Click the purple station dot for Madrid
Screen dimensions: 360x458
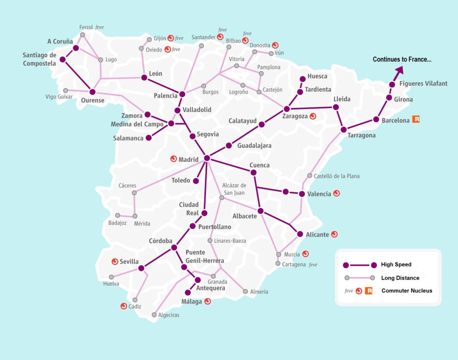tap(207, 158)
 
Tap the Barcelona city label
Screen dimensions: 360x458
tap(395, 120)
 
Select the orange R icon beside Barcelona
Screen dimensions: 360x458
tap(416, 119)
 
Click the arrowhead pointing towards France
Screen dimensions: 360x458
tap(399, 69)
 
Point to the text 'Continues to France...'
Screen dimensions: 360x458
tap(402, 59)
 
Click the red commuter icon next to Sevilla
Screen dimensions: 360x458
tap(114, 262)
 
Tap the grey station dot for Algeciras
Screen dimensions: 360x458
tap(154, 315)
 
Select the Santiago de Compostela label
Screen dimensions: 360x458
tap(39, 59)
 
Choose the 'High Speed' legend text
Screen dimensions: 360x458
tap(396, 265)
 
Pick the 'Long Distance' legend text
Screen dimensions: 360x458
tap(400, 278)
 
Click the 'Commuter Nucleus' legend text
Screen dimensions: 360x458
tap(407, 291)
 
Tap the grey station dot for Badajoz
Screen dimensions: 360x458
tap(118, 215)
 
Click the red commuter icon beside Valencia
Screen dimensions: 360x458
tap(336, 194)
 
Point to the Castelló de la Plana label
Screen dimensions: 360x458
tap(336, 176)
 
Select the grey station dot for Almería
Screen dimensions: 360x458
tap(245, 292)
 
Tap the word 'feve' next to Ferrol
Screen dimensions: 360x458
tap(99, 27)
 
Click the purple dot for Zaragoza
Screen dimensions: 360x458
tap(287, 109)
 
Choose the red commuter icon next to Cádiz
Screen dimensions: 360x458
tap(123, 306)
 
